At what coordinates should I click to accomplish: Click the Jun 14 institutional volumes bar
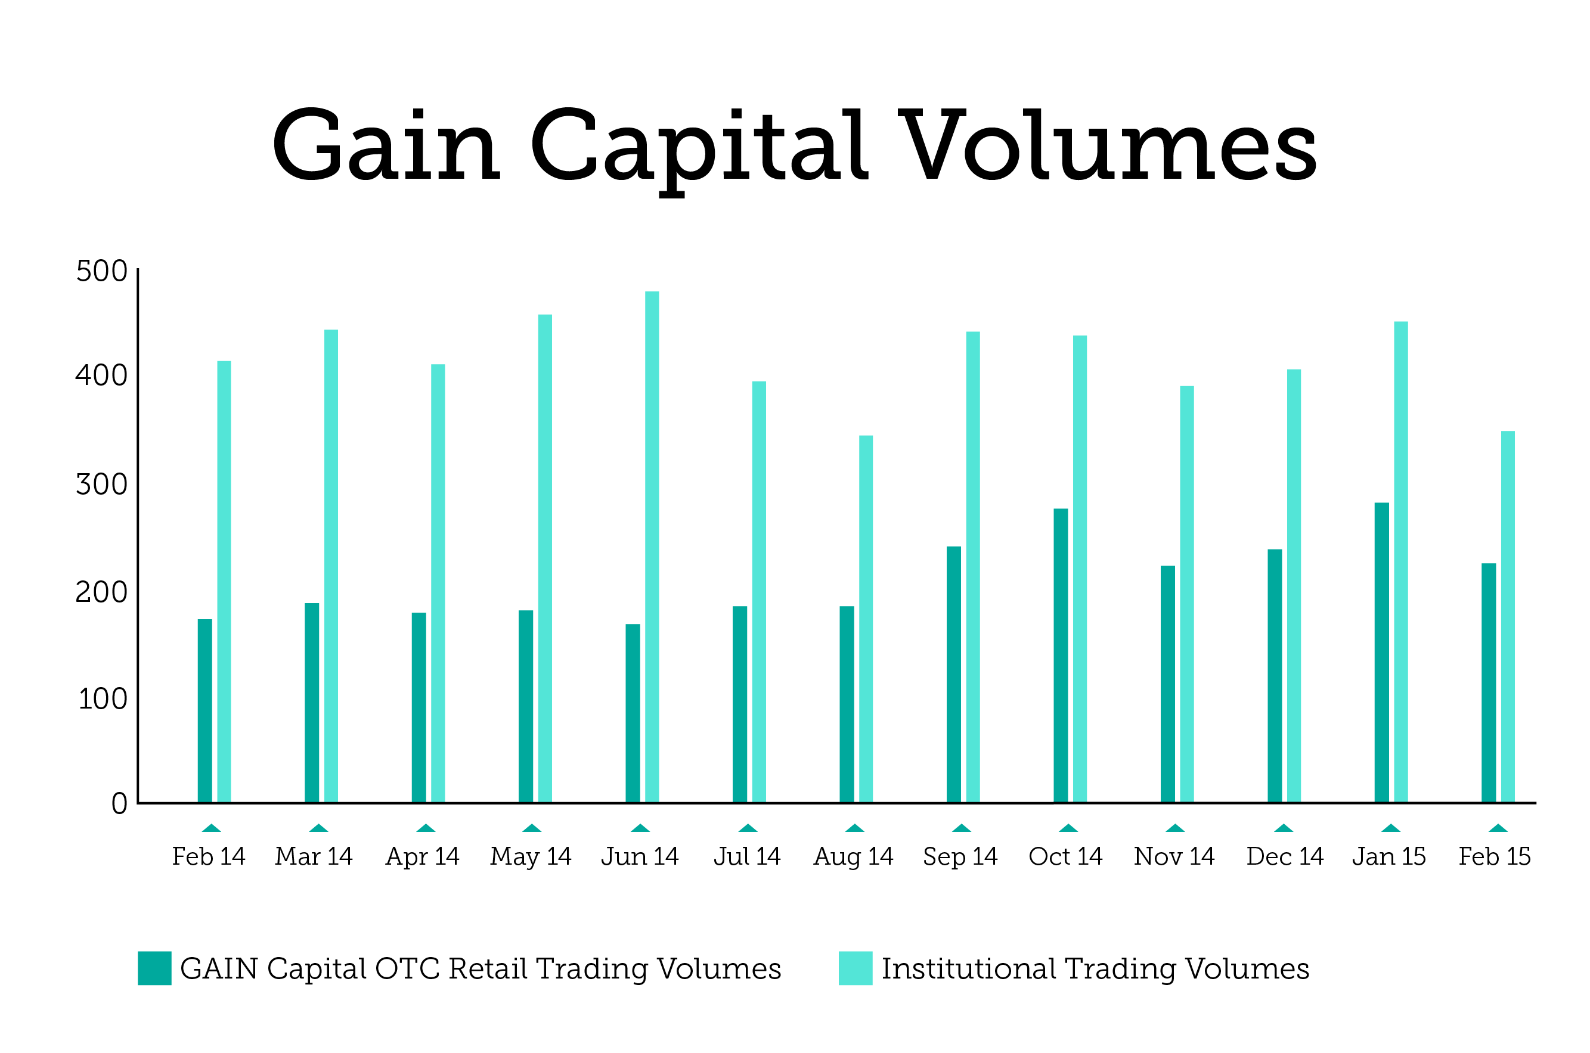click(x=652, y=546)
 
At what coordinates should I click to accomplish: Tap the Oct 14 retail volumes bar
click(x=1061, y=656)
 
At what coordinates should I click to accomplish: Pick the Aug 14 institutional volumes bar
click(x=866, y=619)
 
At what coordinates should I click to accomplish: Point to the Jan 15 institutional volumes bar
click(x=1400, y=562)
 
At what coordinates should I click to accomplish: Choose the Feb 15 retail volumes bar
click(x=1489, y=682)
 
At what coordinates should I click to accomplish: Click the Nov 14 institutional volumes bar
click(x=1187, y=594)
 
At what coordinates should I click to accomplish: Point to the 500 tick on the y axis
click(x=101, y=271)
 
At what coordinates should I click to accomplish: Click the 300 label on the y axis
click(x=101, y=484)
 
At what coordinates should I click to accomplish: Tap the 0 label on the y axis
click(x=119, y=804)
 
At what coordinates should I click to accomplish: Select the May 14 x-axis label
click(x=531, y=856)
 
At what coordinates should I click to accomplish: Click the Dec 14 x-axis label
click(x=1284, y=856)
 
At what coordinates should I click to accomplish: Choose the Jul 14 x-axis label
click(x=747, y=856)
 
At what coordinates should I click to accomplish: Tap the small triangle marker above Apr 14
click(x=425, y=828)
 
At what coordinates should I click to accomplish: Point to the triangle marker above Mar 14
click(x=318, y=828)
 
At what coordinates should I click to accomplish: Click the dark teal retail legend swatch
click(x=154, y=968)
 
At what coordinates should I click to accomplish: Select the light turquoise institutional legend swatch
click(x=855, y=968)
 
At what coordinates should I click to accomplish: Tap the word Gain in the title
click(x=386, y=146)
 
